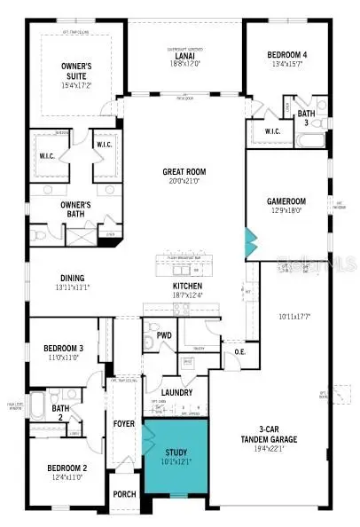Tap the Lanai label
[184, 56]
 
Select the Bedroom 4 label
[286, 55]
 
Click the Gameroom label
[286, 201]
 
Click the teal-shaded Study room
[176, 461]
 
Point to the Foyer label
[124, 424]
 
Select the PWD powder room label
[164, 335]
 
